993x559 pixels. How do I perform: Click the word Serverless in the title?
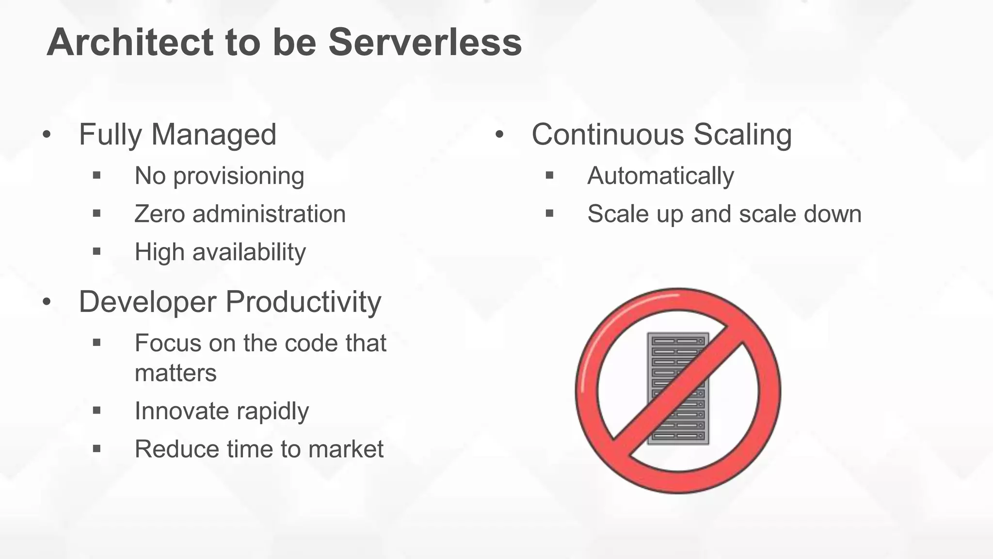click(x=425, y=42)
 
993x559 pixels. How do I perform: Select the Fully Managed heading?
click(x=177, y=134)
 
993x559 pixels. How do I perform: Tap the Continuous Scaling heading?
click(x=661, y=134)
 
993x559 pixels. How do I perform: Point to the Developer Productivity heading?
click(x=230, y=302)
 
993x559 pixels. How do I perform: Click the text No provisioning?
click(x=219, y=176)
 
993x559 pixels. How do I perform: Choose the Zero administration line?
click(x=240, y=214)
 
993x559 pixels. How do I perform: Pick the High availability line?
click(x=220, y=252)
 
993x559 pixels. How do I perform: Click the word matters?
click(x=176, y=373)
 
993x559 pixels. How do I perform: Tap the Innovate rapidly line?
click(x=222, y=411)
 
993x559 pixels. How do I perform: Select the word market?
click(x=346, y=449)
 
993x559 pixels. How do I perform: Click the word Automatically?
click(x=660, y=176)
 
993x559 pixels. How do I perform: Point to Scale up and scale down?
click(x=724, y=214)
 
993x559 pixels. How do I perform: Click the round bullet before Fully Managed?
click(x=47, y=135)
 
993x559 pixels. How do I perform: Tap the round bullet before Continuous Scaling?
click(x=499, y=135)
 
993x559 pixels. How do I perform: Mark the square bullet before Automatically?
click(x=549, y=175)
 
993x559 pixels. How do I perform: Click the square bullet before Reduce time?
click(x=96, y=449)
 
